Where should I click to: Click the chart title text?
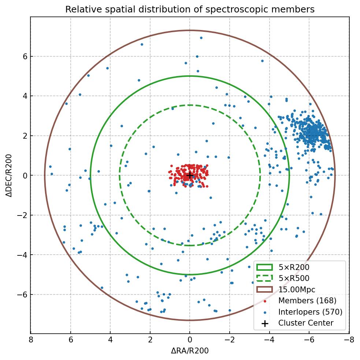[x=190, y=10]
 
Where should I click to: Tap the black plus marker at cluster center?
[x=190, y=175]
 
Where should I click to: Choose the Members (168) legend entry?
[x=307, y=301]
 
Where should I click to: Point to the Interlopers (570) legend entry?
[x=310, y=312]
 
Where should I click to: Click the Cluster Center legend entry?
[x=305, y=323]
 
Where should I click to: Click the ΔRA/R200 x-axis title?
[x=190, y=351]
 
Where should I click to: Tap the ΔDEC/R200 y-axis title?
[x=9, y=176]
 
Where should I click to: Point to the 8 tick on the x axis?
[x=31, y=340]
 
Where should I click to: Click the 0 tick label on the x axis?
[x=190, y=340]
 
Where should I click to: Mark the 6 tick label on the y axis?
[x=24, y=56]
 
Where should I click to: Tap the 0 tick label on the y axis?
[x=24, y=176]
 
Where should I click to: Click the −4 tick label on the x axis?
[x=270, y=340]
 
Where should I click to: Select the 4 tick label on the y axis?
[x=24, y=96]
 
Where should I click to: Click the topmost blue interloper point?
[x=201, y=38]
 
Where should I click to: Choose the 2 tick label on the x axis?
[x=150, y=340]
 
